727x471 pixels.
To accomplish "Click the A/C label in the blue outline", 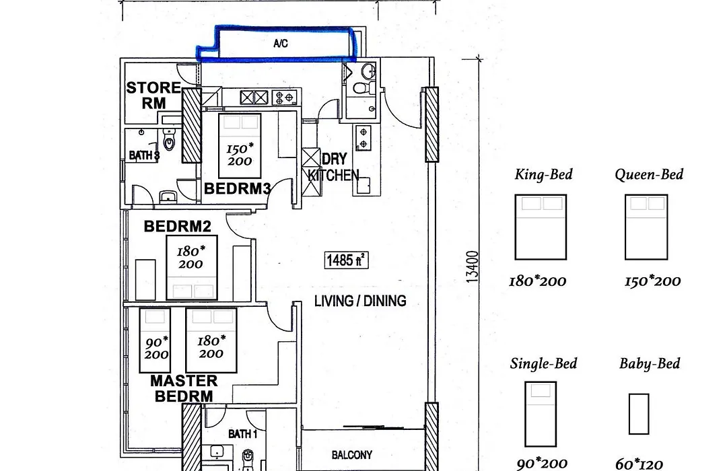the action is (281, 44).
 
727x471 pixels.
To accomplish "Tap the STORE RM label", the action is (153, 95).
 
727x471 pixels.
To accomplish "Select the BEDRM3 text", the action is (237, 188).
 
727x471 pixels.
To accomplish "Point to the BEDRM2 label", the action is (177, 226).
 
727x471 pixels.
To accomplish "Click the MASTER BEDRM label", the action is (184, 388).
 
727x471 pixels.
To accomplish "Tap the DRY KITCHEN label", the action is (334, 167).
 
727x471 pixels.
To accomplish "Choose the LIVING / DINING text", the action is (360, 301).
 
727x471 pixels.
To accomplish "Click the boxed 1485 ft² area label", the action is (347, 260).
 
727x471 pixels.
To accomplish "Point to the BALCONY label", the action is (352, 455).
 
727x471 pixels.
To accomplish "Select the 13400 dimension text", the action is (472, 266).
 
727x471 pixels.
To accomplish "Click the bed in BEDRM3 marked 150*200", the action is (240, 145).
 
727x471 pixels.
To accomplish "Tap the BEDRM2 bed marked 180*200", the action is (192, 268).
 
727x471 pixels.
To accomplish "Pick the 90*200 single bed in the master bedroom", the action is (155, 340).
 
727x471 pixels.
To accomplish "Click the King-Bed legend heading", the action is (543, 174).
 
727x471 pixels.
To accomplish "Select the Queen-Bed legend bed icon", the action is (646, 227).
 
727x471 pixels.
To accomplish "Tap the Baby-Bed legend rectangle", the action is (639, 414).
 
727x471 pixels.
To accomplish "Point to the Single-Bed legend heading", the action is (543, 363).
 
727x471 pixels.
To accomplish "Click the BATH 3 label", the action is (144, 155).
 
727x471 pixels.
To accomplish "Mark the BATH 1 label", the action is (242, 434).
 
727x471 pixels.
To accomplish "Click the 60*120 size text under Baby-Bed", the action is (639, 464).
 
